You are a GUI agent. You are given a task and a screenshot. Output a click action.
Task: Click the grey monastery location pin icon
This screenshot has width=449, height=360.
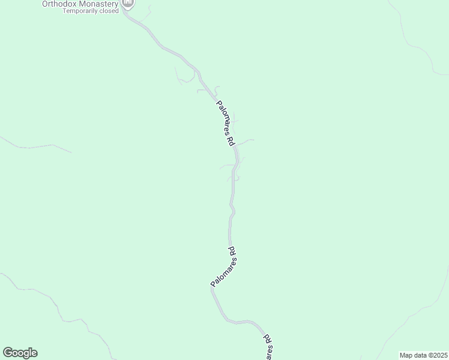(128, 4)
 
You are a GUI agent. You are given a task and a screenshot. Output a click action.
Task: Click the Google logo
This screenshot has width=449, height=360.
(20, 353)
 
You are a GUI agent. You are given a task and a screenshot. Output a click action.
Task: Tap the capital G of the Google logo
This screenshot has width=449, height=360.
(8, 353)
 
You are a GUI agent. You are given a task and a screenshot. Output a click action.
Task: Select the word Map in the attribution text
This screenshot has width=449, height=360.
(407, 355)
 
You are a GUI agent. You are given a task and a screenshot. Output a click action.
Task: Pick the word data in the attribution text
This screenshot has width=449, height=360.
(421, 355)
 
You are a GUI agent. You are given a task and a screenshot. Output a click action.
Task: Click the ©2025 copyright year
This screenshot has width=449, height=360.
(438, 355)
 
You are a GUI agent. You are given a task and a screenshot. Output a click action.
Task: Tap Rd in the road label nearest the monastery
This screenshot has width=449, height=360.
(231, 142)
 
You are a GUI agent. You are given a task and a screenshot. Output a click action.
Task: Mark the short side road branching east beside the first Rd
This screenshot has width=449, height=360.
(246, 141)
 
